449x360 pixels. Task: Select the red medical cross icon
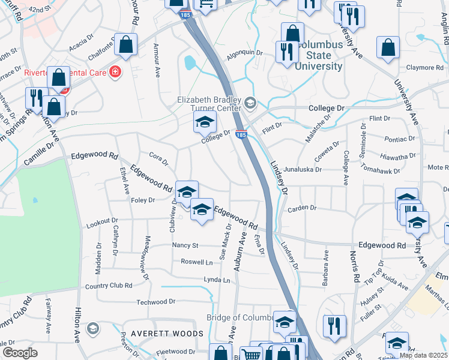click(x=114, y=73)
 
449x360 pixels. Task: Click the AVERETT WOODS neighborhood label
click(x=164, y=333)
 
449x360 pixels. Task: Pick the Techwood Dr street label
click(x=155, y=302)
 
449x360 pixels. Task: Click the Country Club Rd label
click(x=108, y=286)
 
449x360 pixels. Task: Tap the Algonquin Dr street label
click(x=245, y=53)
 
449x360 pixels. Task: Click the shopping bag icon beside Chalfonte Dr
click(x=126, y=44)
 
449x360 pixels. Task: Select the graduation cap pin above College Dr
click(x=205, y=122)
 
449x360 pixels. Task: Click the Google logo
click(x=20, y=353)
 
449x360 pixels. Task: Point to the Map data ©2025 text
click(x=423, y=355)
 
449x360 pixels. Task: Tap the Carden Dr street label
click(x=301, y=209)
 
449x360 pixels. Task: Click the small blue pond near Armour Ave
click(x=190, y=62)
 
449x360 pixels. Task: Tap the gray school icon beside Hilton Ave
click(x=92, y=328)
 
